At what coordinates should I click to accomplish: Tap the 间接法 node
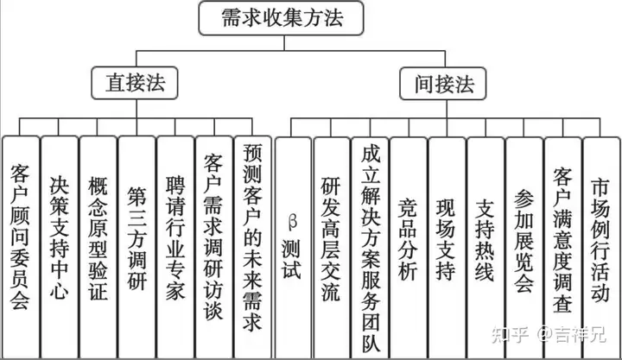coord(443,84)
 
